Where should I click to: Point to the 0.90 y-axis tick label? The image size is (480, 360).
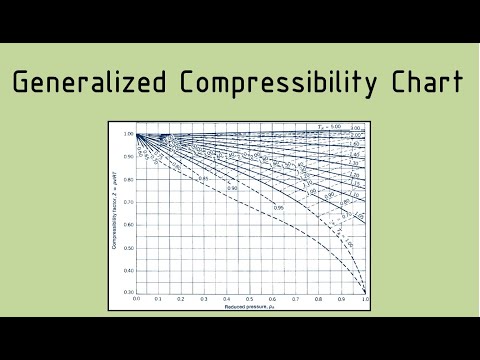tap(129, 156)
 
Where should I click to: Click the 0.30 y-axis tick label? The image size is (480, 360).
tap(129, 292)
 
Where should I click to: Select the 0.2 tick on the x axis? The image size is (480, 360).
tap(181, 299)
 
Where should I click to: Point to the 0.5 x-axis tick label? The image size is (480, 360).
tap(250, 299)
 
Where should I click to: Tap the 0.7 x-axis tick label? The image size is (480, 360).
tap(296, 299)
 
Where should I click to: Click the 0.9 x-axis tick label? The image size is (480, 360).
tap(342, 299)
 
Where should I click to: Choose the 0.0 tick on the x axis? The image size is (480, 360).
tap(136, 299)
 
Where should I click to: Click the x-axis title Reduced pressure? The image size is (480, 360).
tap(250, 306)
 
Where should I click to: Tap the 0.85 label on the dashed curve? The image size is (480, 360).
tap(203, 178)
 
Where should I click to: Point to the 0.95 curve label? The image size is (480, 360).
tap(279, 207)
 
